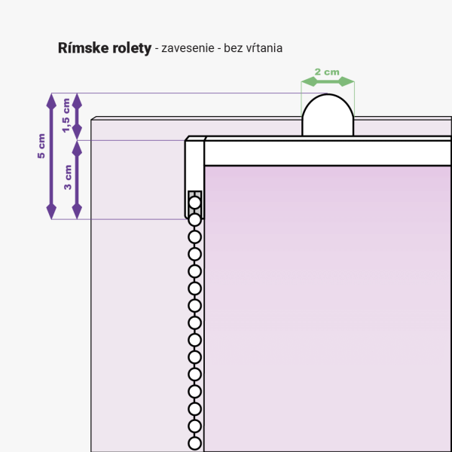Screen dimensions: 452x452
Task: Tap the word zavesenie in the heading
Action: coord(188,48)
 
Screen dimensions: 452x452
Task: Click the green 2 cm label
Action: coord(327,72)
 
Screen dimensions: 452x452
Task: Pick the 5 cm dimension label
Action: coord(41,146)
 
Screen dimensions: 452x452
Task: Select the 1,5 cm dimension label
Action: coord(66,115)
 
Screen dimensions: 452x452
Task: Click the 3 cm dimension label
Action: coord(68,177)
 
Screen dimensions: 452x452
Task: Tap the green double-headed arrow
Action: coord(328,81)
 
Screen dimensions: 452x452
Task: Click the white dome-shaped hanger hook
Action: coord(328,115)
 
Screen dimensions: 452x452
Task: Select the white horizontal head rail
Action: coord(328,153)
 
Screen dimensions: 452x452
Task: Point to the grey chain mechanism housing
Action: coord(195,204)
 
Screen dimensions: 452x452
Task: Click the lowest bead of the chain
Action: coord(195,443)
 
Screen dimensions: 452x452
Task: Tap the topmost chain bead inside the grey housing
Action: coord(195,203)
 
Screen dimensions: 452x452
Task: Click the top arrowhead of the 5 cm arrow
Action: coord(51,101)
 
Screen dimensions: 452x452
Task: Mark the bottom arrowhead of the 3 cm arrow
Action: coord(77,211)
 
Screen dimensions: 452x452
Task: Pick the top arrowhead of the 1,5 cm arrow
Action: coord(77,101)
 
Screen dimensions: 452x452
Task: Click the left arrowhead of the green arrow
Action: coord(309,81)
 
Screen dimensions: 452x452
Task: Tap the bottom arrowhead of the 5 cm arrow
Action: coord(51,211)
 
